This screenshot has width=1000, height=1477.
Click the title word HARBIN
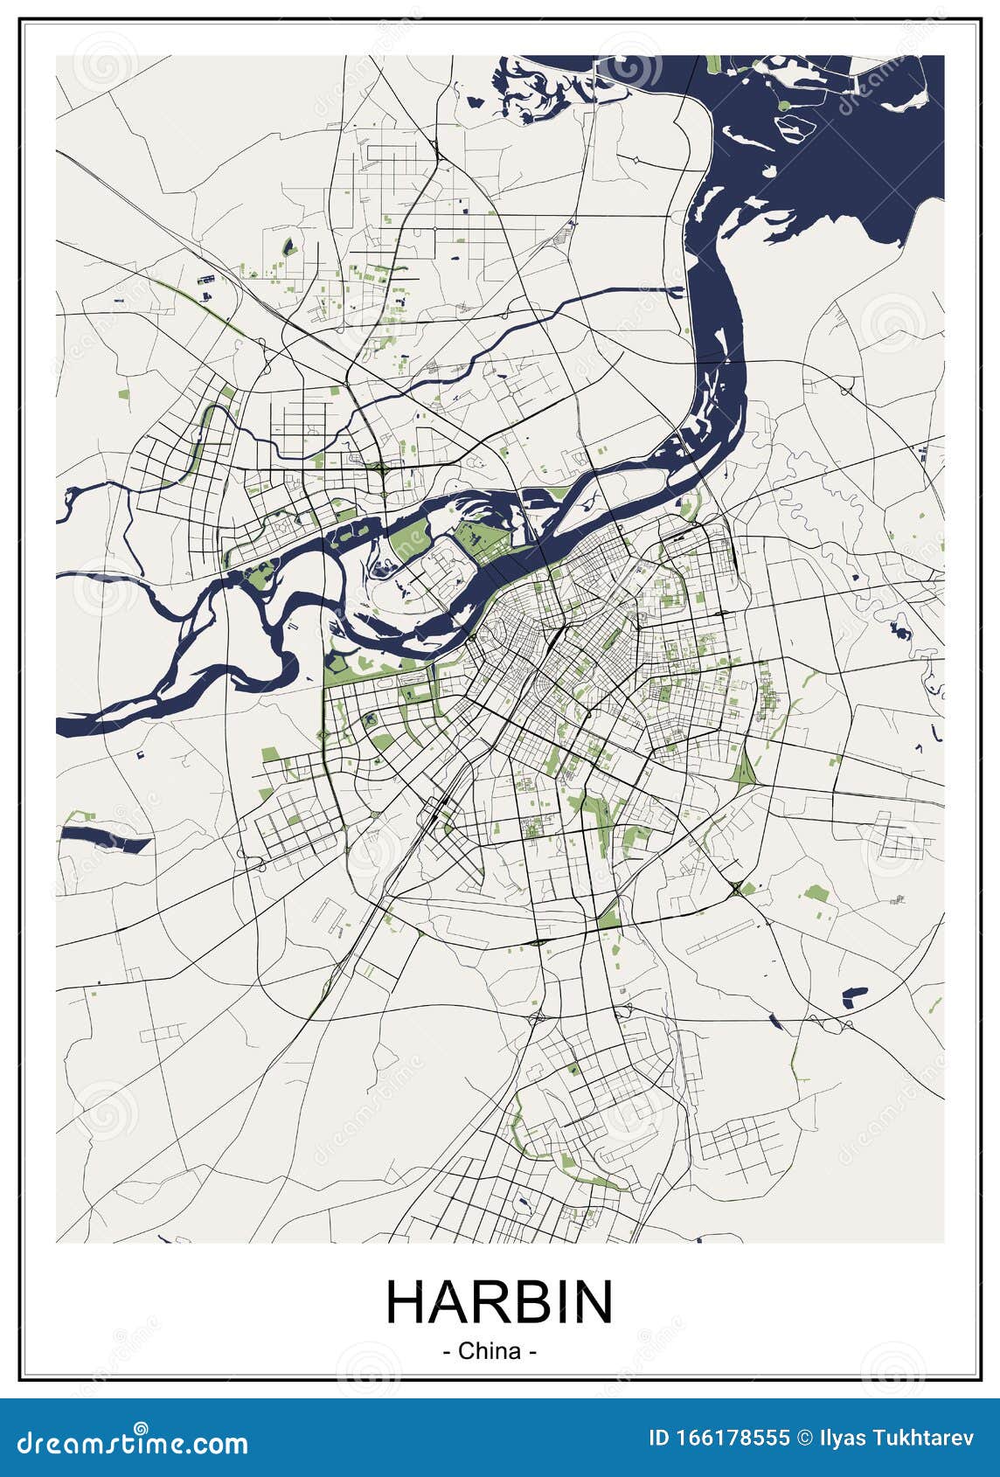[x=499, y=1302]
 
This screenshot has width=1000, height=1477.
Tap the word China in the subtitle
[x=489, y=1351]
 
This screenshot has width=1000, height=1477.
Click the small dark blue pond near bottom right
[x=853, y=995]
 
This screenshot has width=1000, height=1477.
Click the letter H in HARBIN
[x=406, y=1302]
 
